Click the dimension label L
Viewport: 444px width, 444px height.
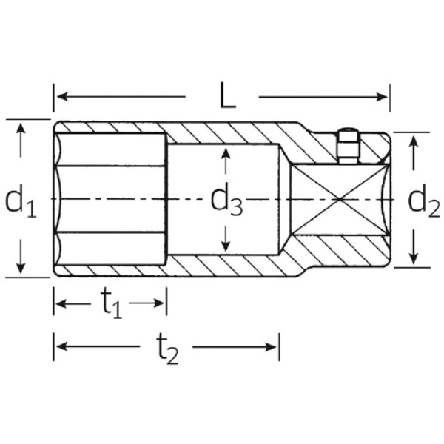[x=228, y=95]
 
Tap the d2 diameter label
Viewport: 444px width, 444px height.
[x=423, y=201]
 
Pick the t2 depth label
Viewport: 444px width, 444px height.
[x=167, y=349]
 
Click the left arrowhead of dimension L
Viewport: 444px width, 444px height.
[x=62, y=96]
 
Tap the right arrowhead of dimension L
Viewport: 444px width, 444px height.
[x=382, y=97]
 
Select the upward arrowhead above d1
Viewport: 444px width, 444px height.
[x=21, y=129]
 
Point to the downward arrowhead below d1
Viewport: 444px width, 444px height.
[x=21, y=268]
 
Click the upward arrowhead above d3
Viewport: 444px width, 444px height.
[x=226, y=154]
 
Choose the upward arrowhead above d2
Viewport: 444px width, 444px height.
[x=414, y=141]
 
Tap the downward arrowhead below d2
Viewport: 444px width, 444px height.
[x=414, y=259]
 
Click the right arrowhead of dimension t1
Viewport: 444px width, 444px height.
[x=158, y=303]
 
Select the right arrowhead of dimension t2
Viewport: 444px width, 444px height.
[x=271, y=346]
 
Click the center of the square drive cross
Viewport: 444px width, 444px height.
[x=340, y=199]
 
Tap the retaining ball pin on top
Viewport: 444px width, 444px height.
[x=348, y=146]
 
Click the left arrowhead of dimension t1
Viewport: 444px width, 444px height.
[x=61, y=304]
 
